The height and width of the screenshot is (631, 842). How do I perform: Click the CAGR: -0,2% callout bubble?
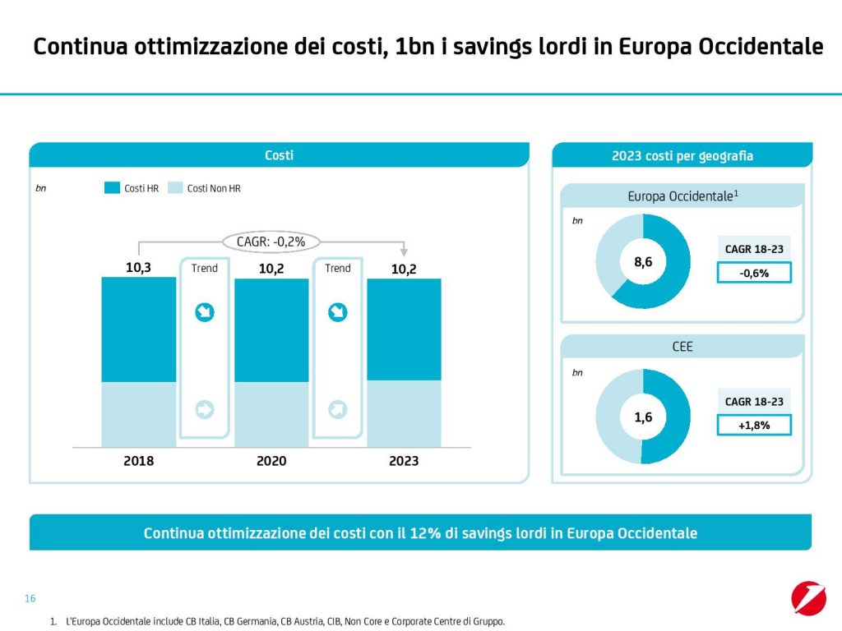(x=271, y=242)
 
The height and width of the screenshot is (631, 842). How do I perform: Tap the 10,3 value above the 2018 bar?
(x=138, y=267)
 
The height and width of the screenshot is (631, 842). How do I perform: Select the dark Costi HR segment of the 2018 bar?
(x=138, y=329)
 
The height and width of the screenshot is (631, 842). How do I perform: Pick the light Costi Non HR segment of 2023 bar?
(x=404, y=413)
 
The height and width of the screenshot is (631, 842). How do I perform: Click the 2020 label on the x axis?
(x=271, y=461)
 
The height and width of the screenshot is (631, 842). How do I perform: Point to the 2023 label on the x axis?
(x=404, y=461)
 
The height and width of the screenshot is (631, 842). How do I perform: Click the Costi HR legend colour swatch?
(x=112, y=188)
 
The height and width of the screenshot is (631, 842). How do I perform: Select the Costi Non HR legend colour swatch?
(x=175, y=188)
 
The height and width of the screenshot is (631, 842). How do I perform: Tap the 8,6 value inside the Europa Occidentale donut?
(x=643, y=261)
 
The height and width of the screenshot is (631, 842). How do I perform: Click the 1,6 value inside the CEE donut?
(x=643, y=417)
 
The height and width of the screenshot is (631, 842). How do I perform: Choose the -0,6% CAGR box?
(x=754, y=273)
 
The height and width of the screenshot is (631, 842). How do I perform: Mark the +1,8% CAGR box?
(x=754, y=425)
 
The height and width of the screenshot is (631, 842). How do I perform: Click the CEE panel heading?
(x=682, y=347)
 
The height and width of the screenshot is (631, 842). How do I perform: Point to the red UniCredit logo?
(x=808, y=597)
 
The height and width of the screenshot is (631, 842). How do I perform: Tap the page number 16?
(x=30, y=598)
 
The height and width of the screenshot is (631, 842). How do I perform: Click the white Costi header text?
(x=279, y=155)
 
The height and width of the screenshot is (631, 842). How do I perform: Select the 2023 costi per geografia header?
(x=682, y=155)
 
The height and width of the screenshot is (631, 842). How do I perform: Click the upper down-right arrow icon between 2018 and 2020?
(x=204, y=312)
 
